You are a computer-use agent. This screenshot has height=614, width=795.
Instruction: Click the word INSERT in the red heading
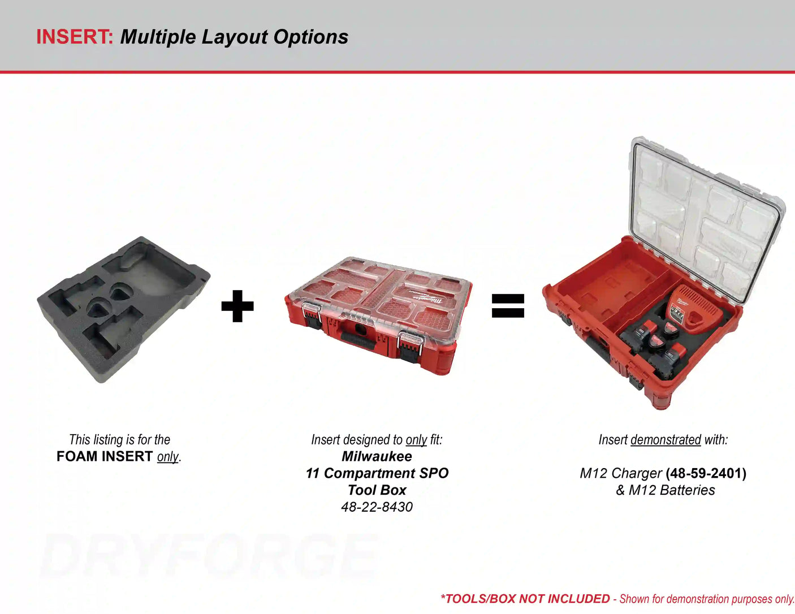74,37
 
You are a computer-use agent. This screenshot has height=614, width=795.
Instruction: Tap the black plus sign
237,306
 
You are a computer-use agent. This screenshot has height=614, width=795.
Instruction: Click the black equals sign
508,306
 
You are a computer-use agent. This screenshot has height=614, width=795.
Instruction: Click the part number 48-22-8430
377,507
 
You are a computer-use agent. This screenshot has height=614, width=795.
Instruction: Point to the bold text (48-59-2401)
706,473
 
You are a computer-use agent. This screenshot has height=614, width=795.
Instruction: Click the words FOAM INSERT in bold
105,456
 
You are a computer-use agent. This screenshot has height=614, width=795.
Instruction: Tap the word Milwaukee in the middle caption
377,456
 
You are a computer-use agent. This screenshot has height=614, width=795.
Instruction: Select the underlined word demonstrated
666,440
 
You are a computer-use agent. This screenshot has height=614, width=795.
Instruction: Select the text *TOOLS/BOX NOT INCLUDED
525,599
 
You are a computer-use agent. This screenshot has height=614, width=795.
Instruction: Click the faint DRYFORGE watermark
209,557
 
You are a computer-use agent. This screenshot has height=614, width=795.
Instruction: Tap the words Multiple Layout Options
234,37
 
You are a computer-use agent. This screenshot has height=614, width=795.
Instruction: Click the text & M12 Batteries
665,490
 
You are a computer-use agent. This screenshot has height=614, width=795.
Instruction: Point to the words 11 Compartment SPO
377,473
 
